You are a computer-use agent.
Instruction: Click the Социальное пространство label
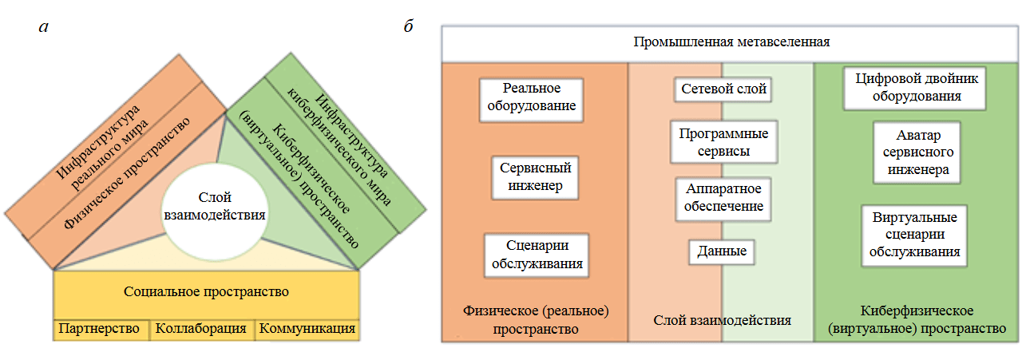tap(206, 292)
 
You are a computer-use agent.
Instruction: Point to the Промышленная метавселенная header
tap(732, 42)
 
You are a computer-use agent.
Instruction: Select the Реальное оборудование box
tap(532, 99)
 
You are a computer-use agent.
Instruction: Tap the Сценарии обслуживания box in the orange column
tap(536, 255)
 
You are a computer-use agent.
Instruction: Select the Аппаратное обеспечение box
tap(724, 198)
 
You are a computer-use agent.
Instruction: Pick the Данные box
tap(722, 251)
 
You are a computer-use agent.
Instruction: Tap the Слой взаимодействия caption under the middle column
tap(722, 320)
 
